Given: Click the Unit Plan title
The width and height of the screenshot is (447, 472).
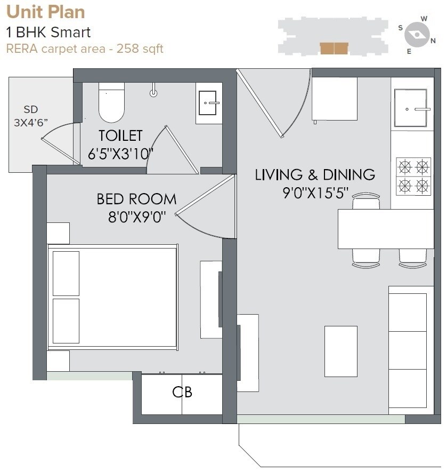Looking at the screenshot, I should (45, 12).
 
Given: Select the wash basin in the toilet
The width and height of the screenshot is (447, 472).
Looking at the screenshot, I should (208, 103).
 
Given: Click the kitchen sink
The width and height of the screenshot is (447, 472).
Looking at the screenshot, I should (411, 108).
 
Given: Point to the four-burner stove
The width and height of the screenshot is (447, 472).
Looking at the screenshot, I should (413, 175).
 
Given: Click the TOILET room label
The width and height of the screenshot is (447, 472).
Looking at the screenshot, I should (120, 135).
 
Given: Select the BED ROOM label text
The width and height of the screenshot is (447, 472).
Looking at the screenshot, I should (136, 199).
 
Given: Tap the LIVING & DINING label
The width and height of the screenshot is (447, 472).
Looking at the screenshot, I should (315, 174).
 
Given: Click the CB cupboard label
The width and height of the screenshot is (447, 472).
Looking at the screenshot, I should (182, 393).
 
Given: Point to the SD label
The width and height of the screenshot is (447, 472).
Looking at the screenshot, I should (31, 110).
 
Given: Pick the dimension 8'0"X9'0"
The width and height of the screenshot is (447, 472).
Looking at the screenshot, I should (136, 217).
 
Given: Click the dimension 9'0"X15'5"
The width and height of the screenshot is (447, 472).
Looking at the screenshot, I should (315, 193).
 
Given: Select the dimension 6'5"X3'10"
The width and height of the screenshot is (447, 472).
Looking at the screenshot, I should (120, 154).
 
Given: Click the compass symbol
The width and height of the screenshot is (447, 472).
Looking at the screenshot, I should (416, 35).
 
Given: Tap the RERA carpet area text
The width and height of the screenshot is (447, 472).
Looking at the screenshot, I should (84, 49).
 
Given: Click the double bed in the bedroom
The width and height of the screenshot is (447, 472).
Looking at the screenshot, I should (112, 297).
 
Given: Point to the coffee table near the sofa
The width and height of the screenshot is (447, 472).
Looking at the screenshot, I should (340, 351).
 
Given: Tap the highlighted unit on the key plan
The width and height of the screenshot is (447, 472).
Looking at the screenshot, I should (334, 49).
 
